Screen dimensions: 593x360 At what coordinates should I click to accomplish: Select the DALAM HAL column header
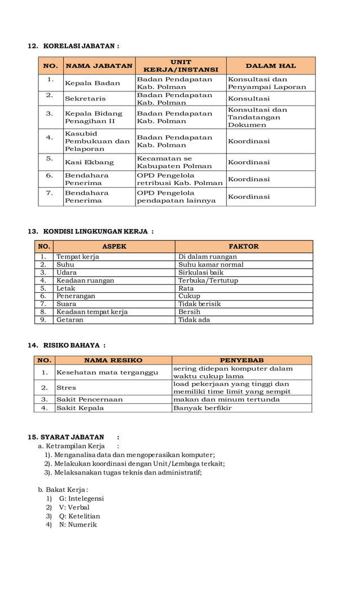[x=270, y=66]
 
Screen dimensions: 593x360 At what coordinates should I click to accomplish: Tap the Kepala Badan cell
[x=93, y=83]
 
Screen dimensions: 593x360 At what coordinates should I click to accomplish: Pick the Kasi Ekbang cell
[x=89, y=162]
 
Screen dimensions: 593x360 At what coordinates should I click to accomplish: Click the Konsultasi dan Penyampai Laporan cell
[x=267, y=83]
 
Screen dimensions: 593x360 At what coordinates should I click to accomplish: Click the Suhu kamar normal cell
[x=211, y=265]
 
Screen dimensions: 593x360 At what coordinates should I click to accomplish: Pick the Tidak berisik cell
[x=200, y=304]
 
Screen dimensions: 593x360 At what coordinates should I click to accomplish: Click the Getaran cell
[x=69, y=320]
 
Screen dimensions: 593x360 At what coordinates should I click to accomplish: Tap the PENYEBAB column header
[x=242, y=360]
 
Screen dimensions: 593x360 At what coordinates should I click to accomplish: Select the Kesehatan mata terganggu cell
[x=107, y=372]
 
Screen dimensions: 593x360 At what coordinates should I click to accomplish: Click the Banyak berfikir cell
[x=202, y=408]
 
